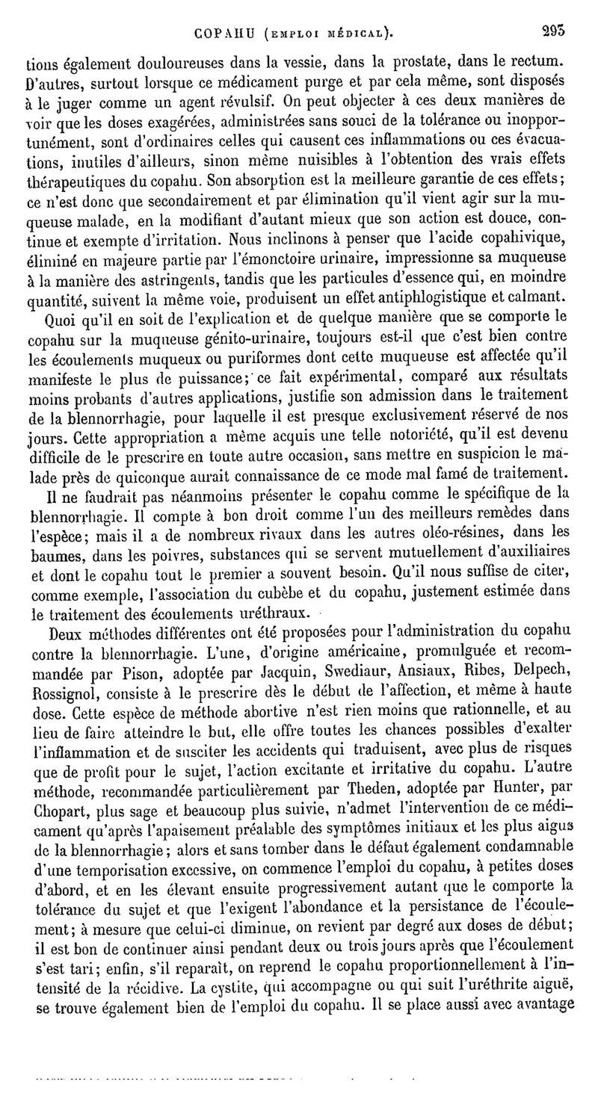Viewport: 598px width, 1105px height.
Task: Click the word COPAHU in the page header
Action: (221, 34)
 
